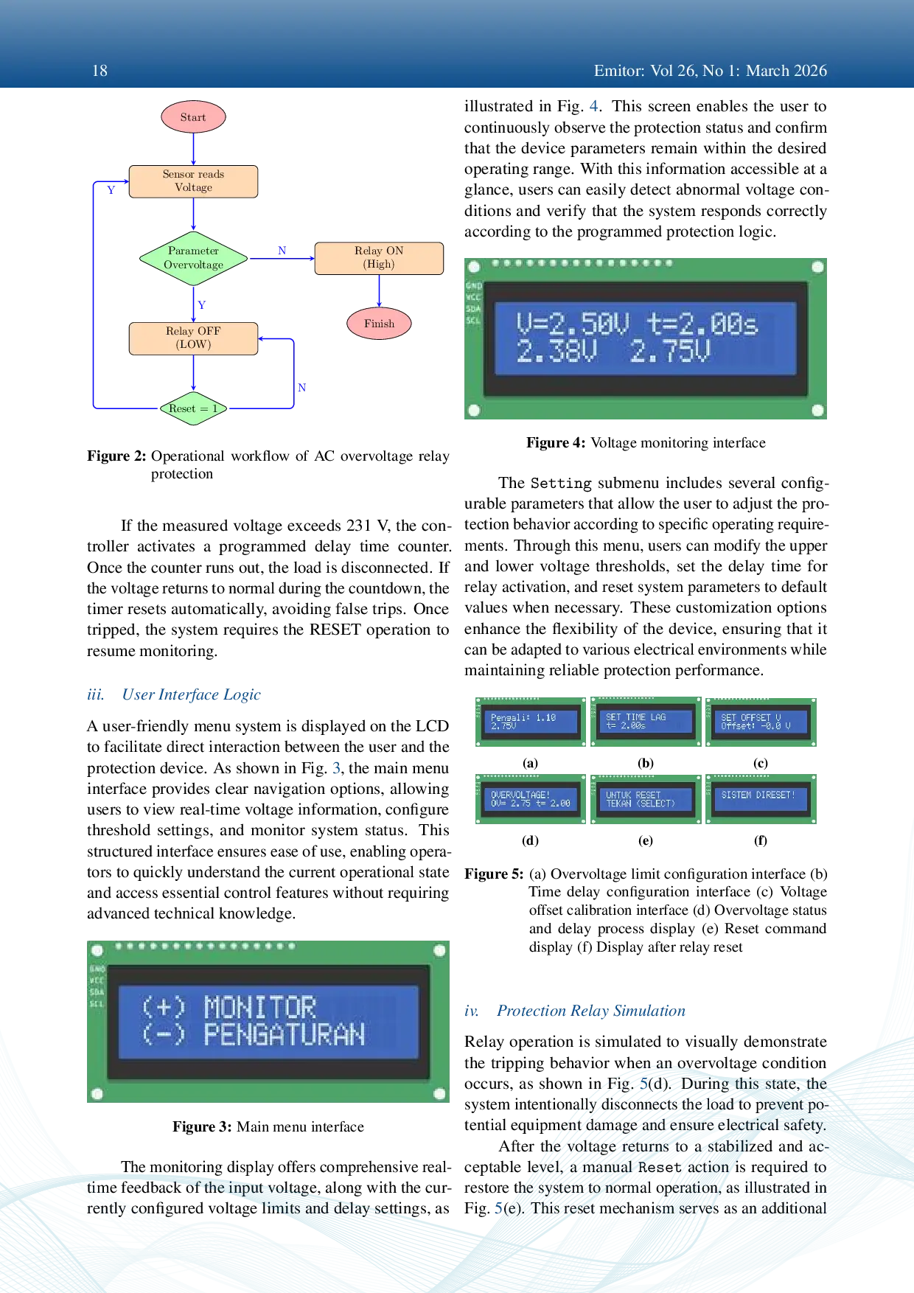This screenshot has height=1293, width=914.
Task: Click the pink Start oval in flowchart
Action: click(x=193, y=117)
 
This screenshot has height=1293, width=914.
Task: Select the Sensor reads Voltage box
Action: click(x=193, y=181)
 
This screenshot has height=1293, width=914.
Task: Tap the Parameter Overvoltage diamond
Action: click(x=193, y=258)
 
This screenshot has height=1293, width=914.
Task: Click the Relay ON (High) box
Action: click(x=379, y=258)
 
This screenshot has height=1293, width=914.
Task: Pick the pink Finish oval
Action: click(x=379, y=324)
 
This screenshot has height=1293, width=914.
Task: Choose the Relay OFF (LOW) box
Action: click(x=193, y=338)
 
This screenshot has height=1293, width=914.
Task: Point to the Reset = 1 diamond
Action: click(x=193, y=408)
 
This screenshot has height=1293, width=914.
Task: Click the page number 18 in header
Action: click(x=100, y=71)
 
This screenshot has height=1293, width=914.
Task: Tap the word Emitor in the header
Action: click(x=618, y=71)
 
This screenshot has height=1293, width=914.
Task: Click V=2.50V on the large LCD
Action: click(x=573, y=324)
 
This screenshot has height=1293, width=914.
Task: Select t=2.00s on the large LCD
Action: click(x=702, y=324)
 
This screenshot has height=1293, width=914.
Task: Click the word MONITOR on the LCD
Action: click(x=259, y=1007)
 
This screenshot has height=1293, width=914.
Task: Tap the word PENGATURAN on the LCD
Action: click(x=284, y=1035)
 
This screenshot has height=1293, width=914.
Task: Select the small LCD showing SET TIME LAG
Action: click(x=643, y=722)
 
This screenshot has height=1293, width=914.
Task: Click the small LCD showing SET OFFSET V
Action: click(x=760, y=722)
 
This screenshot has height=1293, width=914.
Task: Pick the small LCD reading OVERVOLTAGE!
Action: click(x=529, y=799)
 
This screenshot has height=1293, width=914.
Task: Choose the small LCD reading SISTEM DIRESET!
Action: click(x=760, y=799)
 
